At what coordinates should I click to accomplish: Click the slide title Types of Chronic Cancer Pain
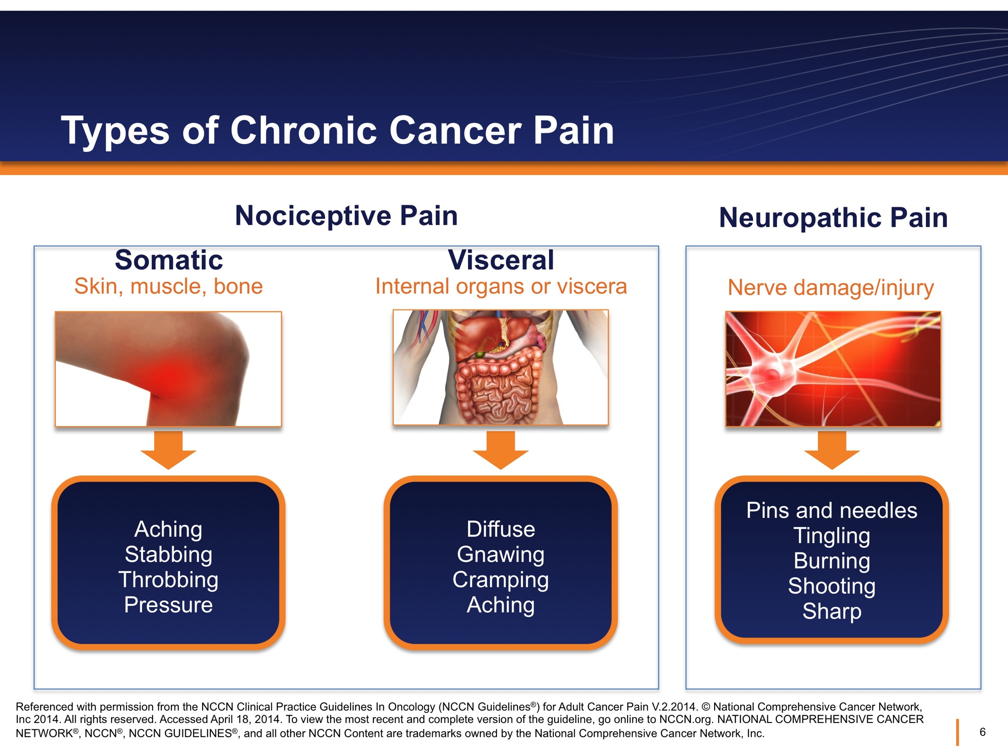[337, 131]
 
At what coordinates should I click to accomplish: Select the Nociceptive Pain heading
[346, 215]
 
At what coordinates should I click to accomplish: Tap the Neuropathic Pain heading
[833, 217]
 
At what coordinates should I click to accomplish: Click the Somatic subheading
[169, 260]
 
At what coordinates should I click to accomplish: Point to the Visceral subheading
[501, 260]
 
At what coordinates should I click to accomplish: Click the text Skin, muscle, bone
[169, 287]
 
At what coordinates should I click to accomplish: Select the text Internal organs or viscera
[501, 287]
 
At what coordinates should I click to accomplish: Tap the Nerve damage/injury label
[831, 288]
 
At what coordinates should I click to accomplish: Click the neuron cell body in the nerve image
[772, 374]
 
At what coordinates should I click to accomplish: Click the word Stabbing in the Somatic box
[169, 554]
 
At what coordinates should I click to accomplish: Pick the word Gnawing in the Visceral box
[501, 554]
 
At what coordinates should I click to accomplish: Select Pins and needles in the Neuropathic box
[832, 510]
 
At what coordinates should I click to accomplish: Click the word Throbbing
[169, 579]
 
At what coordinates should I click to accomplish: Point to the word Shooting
[832, 586]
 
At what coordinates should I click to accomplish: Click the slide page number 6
[982, 732]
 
